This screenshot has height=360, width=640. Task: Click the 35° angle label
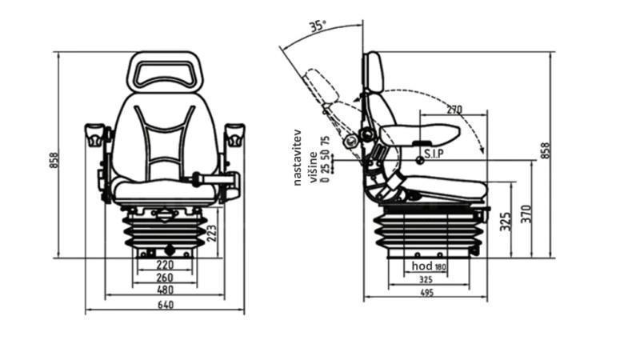point(317,26)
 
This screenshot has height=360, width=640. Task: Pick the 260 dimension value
point(165,278)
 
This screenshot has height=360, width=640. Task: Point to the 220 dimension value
point(165,264)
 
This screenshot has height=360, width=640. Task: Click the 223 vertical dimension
point(211,233)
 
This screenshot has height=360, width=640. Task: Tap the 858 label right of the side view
point(546,150)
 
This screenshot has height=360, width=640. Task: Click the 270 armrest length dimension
point(454,110)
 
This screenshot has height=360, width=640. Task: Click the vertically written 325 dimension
point(505,222)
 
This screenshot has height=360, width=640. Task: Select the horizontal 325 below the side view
point(426,279)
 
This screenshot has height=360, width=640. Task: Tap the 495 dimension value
point(426,294)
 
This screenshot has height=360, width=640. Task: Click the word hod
point(422,266)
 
